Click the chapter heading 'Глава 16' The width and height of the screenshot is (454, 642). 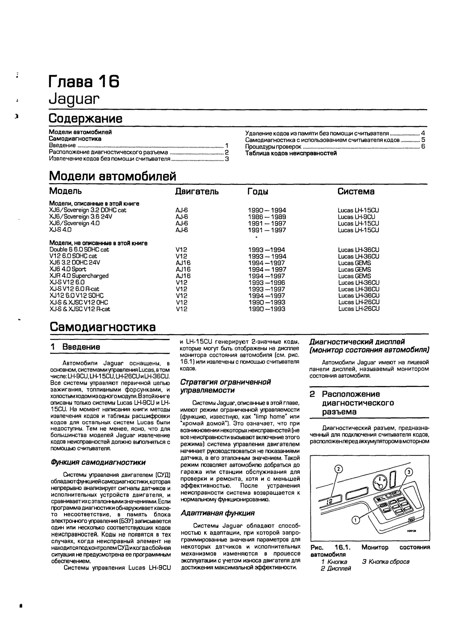click(84, 82)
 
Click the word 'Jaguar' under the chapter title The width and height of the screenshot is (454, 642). click(74, 98)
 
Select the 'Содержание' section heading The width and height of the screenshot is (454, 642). click(85, 119)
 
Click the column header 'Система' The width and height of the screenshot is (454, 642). click(356, 192)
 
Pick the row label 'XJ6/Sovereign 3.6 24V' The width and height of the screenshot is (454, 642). click(81, 217)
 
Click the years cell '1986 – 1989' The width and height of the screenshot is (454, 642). click(267, 217)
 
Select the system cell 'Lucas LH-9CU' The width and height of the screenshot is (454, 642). click(356, 217)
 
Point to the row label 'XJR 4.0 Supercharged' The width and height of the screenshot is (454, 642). click(79, 276)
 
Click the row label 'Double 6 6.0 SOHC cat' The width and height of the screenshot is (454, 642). click(79, 250)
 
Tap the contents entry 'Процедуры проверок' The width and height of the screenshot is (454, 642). click(273, 147)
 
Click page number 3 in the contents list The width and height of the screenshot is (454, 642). click(227, 159)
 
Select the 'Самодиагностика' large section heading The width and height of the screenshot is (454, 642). click(103, 327)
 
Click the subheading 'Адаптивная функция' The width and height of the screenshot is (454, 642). click(217, 513)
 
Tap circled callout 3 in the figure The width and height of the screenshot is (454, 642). click(409, 472)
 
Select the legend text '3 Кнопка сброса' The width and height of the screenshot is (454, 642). click(386, 562)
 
